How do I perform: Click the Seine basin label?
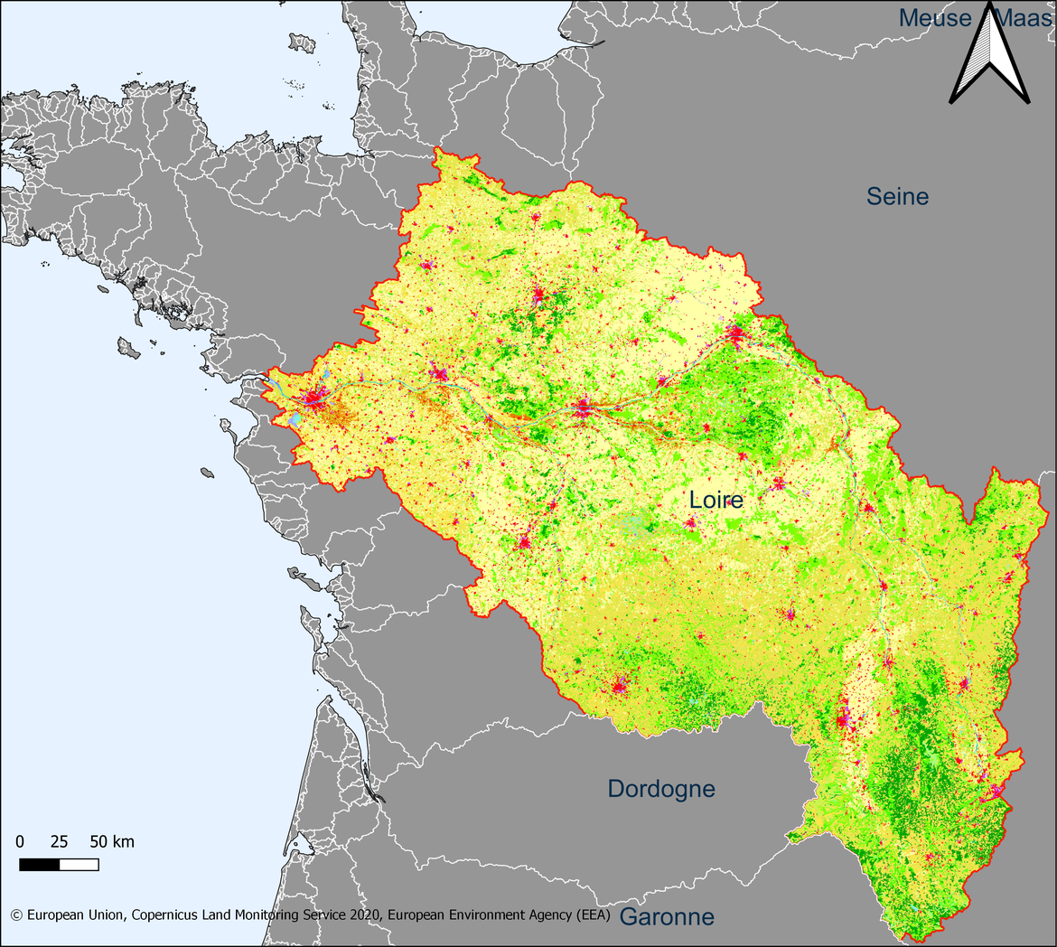(897, 196)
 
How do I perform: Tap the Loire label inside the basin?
(716, 500)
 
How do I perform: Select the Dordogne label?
(661, 789)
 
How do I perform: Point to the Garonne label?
(668, 917)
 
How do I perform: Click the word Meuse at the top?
(935, 17)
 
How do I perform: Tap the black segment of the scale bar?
(39, 865)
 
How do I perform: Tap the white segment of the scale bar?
(79, 865)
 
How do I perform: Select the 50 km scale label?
(112, 842)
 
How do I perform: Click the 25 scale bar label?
(59, 842)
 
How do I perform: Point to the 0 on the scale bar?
(20, 842)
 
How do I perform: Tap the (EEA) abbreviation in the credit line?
(594, 914)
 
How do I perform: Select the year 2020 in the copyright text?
(366, 914)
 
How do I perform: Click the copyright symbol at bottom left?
(16, 914)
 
